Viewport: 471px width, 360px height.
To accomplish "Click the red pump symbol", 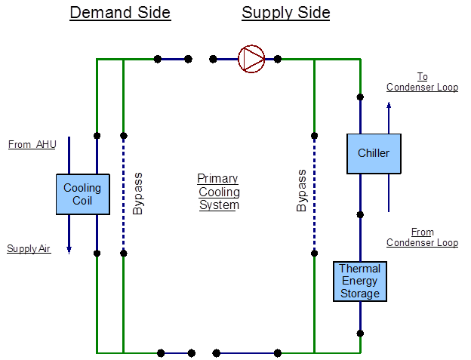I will [252, 58].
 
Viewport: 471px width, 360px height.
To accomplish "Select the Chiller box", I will [374, 153].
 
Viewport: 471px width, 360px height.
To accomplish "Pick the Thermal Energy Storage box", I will [360, 281].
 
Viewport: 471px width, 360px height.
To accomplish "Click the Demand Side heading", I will [120, 13].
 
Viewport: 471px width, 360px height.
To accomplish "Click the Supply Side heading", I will [286, 13].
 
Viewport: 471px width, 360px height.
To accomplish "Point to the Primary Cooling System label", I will [219, 191].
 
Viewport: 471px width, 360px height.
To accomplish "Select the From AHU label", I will [32, 144].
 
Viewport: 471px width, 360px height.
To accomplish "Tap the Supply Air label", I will [29, 248].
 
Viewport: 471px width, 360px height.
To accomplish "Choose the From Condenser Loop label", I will [422, 236].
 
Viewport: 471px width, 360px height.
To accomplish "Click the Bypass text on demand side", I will [137, 192].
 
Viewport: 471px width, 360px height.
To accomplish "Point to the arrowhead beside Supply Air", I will [69, 249].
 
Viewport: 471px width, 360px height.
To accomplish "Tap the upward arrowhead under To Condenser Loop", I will [389, 106].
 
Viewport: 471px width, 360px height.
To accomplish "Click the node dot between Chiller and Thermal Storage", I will [361, 214].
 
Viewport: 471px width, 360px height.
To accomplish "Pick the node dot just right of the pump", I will [278, 58].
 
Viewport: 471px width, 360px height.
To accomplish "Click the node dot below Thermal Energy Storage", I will [361, 332].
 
